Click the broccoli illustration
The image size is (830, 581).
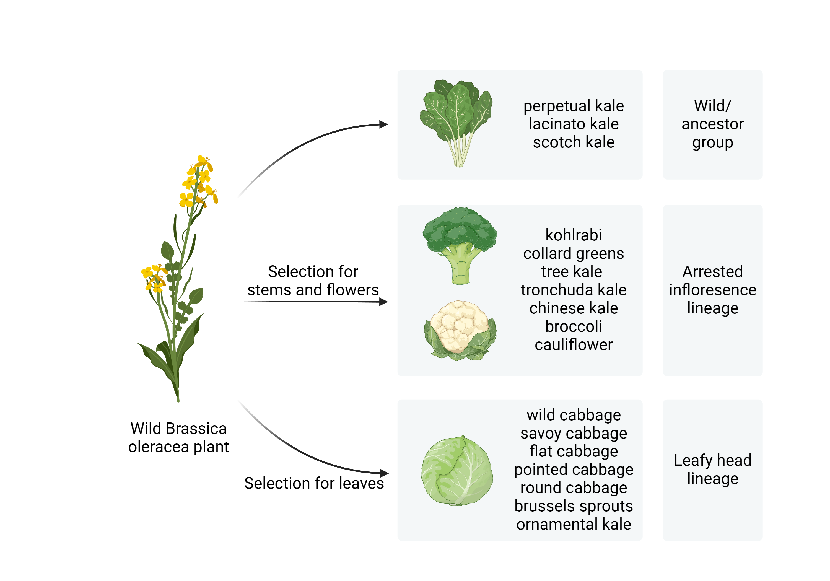460,246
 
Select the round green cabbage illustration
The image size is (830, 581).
457,470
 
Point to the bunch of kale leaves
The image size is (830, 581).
456,123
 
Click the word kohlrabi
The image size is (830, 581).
574,235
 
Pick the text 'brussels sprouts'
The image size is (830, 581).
574,506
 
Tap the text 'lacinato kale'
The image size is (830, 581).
574,124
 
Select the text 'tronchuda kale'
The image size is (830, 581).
574,290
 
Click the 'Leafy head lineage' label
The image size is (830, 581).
712,469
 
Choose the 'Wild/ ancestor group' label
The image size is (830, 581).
712,124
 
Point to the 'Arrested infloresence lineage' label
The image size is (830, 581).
712,290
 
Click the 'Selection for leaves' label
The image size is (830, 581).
314,483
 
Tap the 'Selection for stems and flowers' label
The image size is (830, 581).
313,281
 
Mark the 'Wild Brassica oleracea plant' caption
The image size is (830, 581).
178,437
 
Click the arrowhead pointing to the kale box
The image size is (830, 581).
383,124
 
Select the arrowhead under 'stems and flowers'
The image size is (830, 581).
383,302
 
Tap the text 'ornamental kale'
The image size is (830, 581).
574,524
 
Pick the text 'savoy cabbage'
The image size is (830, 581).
574,433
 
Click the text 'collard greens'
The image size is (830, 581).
574,253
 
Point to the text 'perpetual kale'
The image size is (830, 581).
574,106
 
